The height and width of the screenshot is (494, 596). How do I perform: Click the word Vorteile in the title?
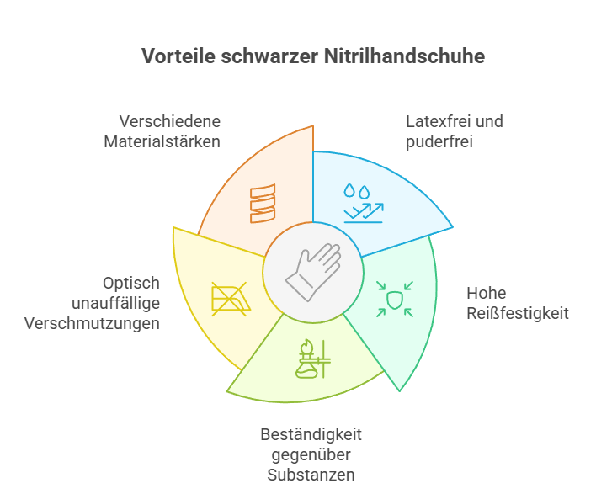[178, 56]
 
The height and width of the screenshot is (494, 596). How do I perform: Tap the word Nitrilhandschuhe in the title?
[404, 56]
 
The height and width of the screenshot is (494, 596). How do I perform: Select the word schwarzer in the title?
[269, 56]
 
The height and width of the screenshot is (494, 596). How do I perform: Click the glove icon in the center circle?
[313, 273]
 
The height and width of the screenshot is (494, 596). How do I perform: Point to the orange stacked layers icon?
[263, 204]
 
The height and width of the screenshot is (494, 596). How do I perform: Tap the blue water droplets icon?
[364, 204]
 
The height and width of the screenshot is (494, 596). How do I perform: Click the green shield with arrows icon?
[395, 299]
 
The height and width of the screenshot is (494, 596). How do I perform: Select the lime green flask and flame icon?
[313, 359]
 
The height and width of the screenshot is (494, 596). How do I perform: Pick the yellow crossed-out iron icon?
[231, 299]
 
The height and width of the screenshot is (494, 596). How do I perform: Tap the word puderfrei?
[439, 142]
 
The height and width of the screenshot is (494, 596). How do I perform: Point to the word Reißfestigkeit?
[518, 314]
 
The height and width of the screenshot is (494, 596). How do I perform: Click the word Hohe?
[487, 294]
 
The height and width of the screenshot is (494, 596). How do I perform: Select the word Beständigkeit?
[311, 435]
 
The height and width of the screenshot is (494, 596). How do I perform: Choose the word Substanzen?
[311, 475]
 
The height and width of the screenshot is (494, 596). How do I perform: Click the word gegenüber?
[311, 454]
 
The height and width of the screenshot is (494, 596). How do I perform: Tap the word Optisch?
[131, 284]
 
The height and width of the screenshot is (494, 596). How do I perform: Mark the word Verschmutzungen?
[92, 324]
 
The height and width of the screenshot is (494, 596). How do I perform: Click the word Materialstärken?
[162, 141]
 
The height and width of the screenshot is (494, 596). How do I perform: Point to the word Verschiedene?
[170, 121]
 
